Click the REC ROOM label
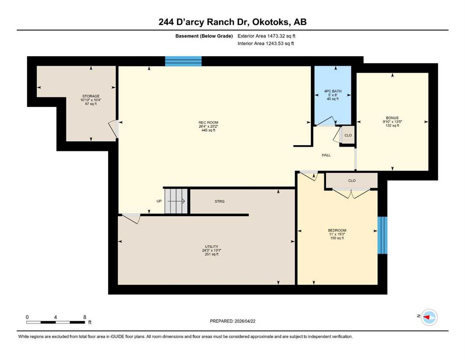(208, 122)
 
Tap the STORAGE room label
(91, 96)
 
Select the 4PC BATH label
(333, 91)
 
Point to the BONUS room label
(392, 118)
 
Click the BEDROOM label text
(337, 230)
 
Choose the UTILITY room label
(212, 247)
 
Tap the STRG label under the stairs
(220, 201)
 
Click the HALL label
(326, 155)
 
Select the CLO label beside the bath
(348, 135)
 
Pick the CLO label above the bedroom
(352, 180)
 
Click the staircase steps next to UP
(176, 201)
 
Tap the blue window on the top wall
(183, 61)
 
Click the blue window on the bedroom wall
(382, 235)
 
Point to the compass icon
(429, 317)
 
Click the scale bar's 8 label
(84, 317)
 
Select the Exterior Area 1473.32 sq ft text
(266, 36)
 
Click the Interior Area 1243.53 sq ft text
(266, 43)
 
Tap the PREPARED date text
(232, 321)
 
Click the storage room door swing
(113, 128)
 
